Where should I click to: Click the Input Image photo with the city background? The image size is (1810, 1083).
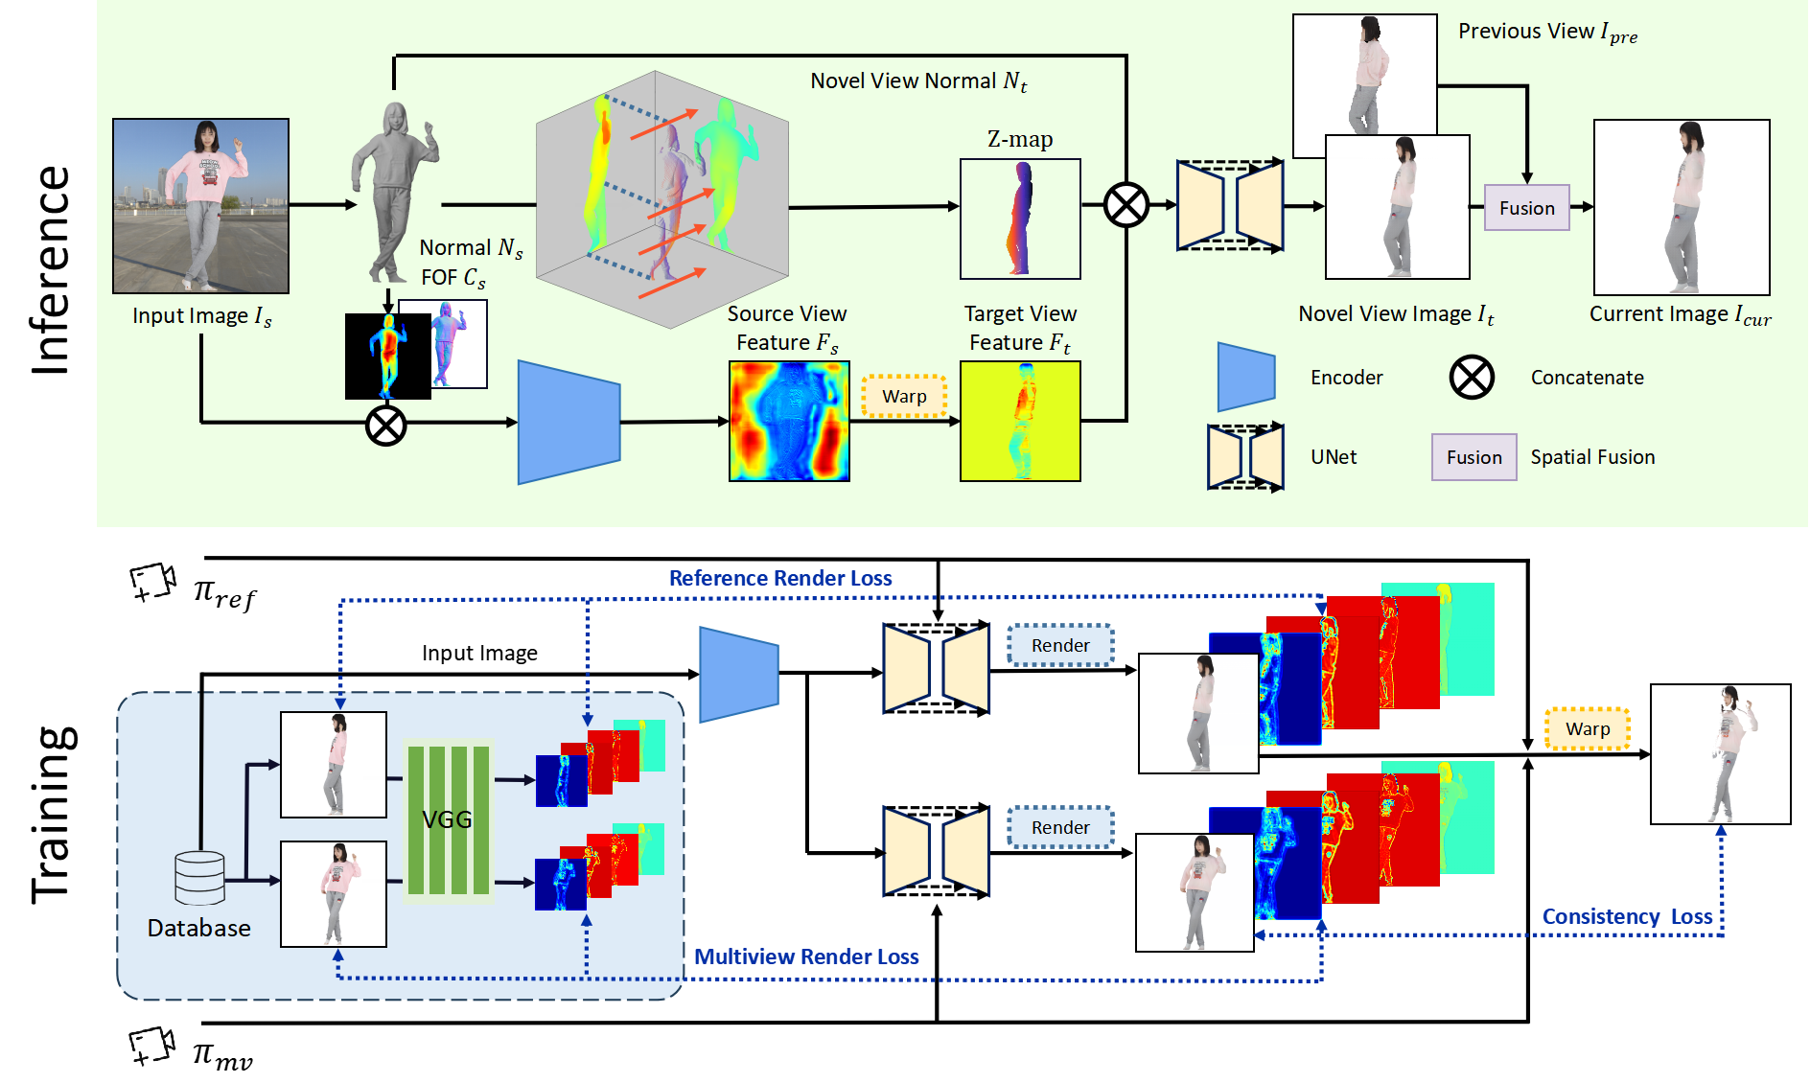(x=200, y=205)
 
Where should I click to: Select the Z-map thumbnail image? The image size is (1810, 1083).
(x=1020, y=219)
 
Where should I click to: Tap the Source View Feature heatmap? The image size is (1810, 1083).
(x=789, y=421)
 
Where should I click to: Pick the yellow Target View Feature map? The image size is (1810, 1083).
(x=1020, y=421)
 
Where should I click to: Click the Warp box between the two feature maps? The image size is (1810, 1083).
(x=904, y=396)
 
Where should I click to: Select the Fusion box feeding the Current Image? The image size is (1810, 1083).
(x=1526, y=208)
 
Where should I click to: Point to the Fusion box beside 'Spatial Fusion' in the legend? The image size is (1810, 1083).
(x=1474, y=457)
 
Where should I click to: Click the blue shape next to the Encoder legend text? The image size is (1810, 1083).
(x=1245, y=377)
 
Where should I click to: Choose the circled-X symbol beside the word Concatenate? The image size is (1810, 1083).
(x=1472, y=377)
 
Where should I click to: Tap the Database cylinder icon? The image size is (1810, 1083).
(x=199, y=878)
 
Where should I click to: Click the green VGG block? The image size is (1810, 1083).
(x=448, y=820)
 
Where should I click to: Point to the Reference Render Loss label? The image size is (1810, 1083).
(x=779, y=578)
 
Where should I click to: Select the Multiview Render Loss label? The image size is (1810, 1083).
(x=805, y=956)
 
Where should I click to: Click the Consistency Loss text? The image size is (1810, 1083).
(x=1626, y=916)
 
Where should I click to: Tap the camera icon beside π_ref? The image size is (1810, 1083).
(x=152, y=582)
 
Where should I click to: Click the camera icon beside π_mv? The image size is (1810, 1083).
(x=151, y=1046)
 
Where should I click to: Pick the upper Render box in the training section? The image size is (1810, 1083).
(x=1060, y=645)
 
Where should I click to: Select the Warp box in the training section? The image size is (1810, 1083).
(x=1587, y=728)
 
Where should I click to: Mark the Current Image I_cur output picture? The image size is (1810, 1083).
(x=1681, y=207)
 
